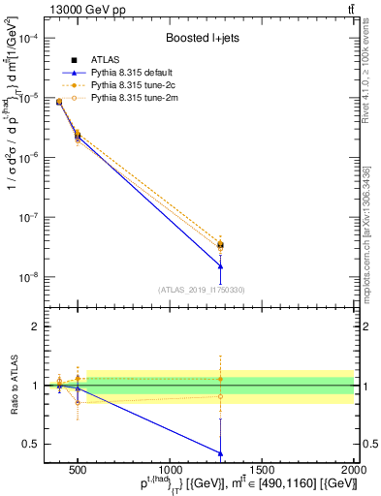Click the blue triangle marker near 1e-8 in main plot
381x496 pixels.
pos(221,265)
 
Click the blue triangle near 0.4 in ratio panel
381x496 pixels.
pos(221,452)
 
